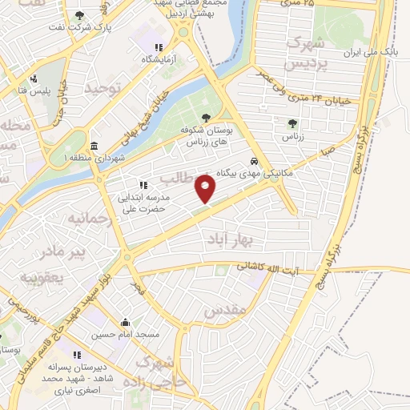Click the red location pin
tap(207, 189)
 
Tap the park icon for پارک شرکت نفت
tap(78, 15)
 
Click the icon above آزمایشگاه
tap(159, 48)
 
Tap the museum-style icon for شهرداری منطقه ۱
tap(94, 146)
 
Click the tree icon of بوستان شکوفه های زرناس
tap(206, 118)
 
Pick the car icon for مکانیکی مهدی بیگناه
tap(254, 160)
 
